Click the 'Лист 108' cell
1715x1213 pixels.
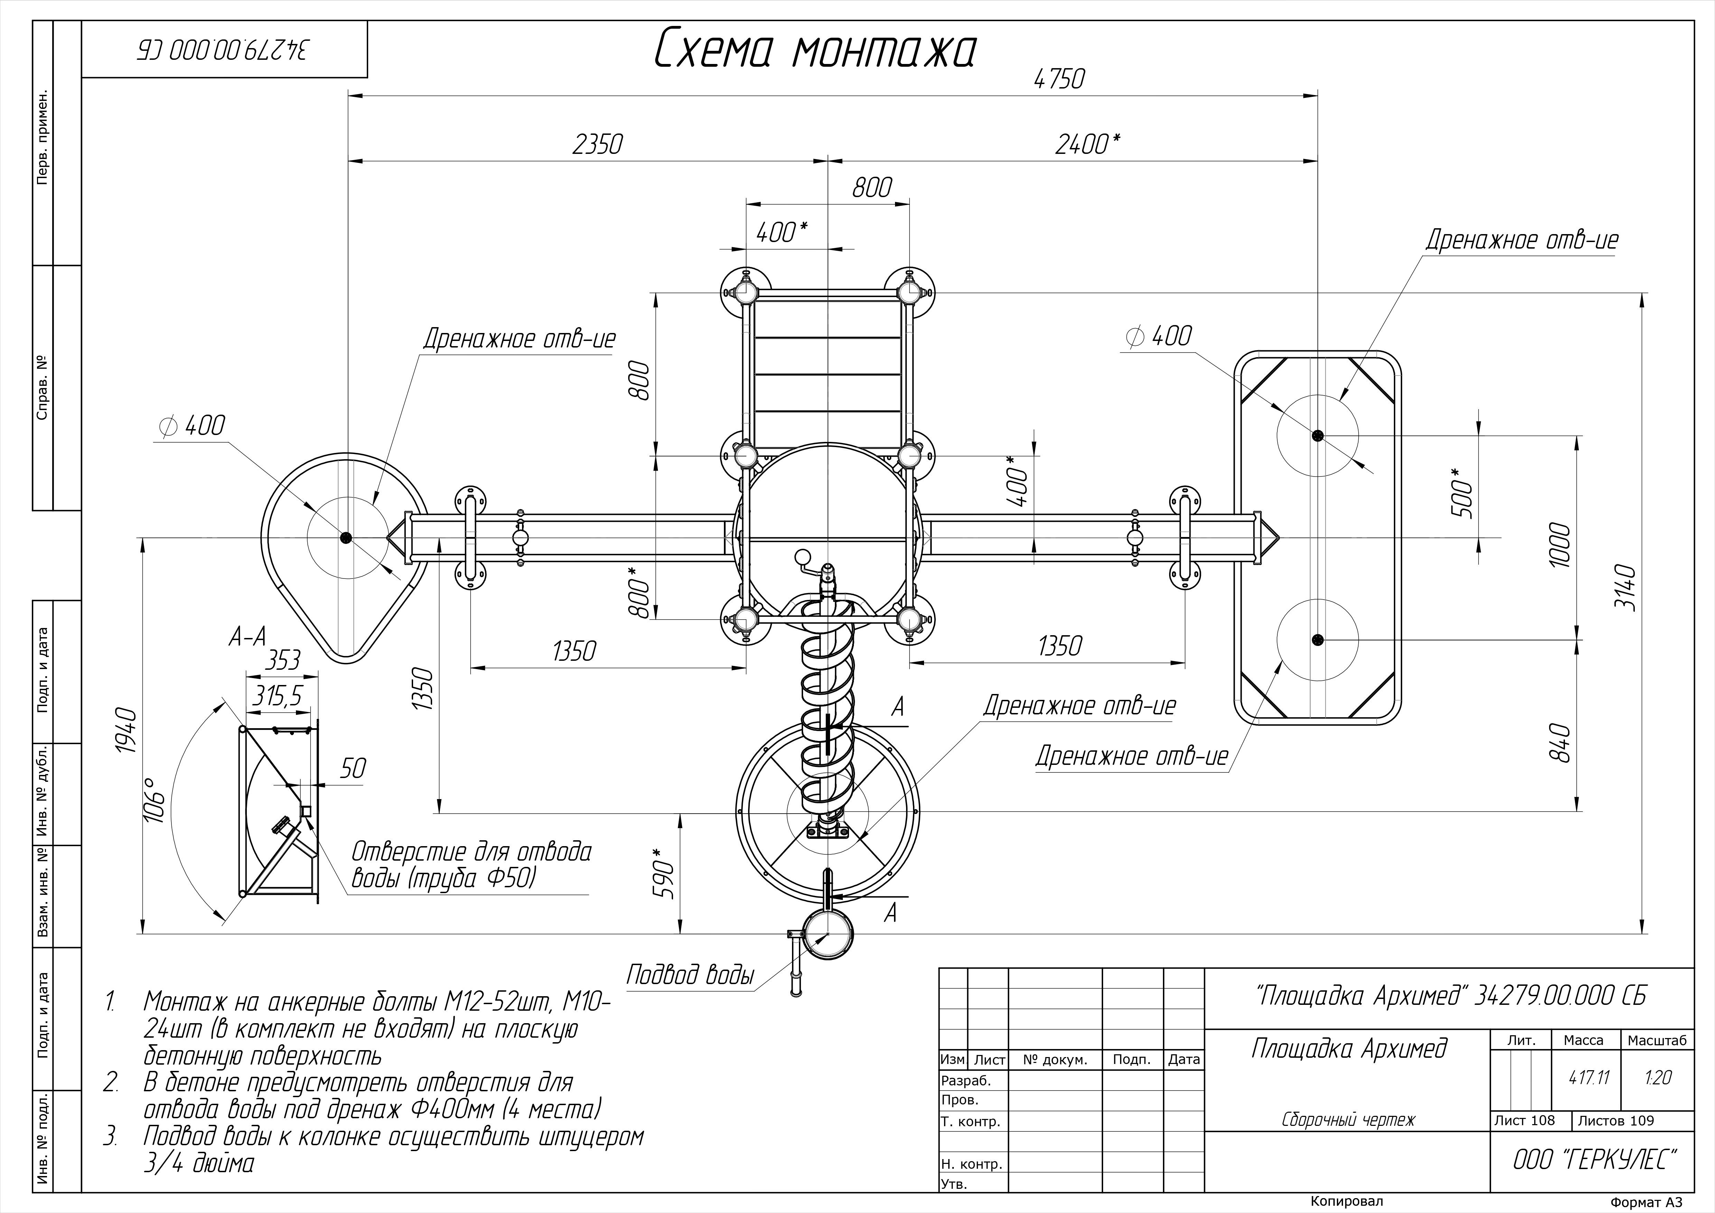pyautogui.click(x=1525, y=1120)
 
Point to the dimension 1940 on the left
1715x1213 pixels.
pyautogui.click(x=127, y=731)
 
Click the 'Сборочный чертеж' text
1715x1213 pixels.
pyautogui.click(x=1348, y=1120)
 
